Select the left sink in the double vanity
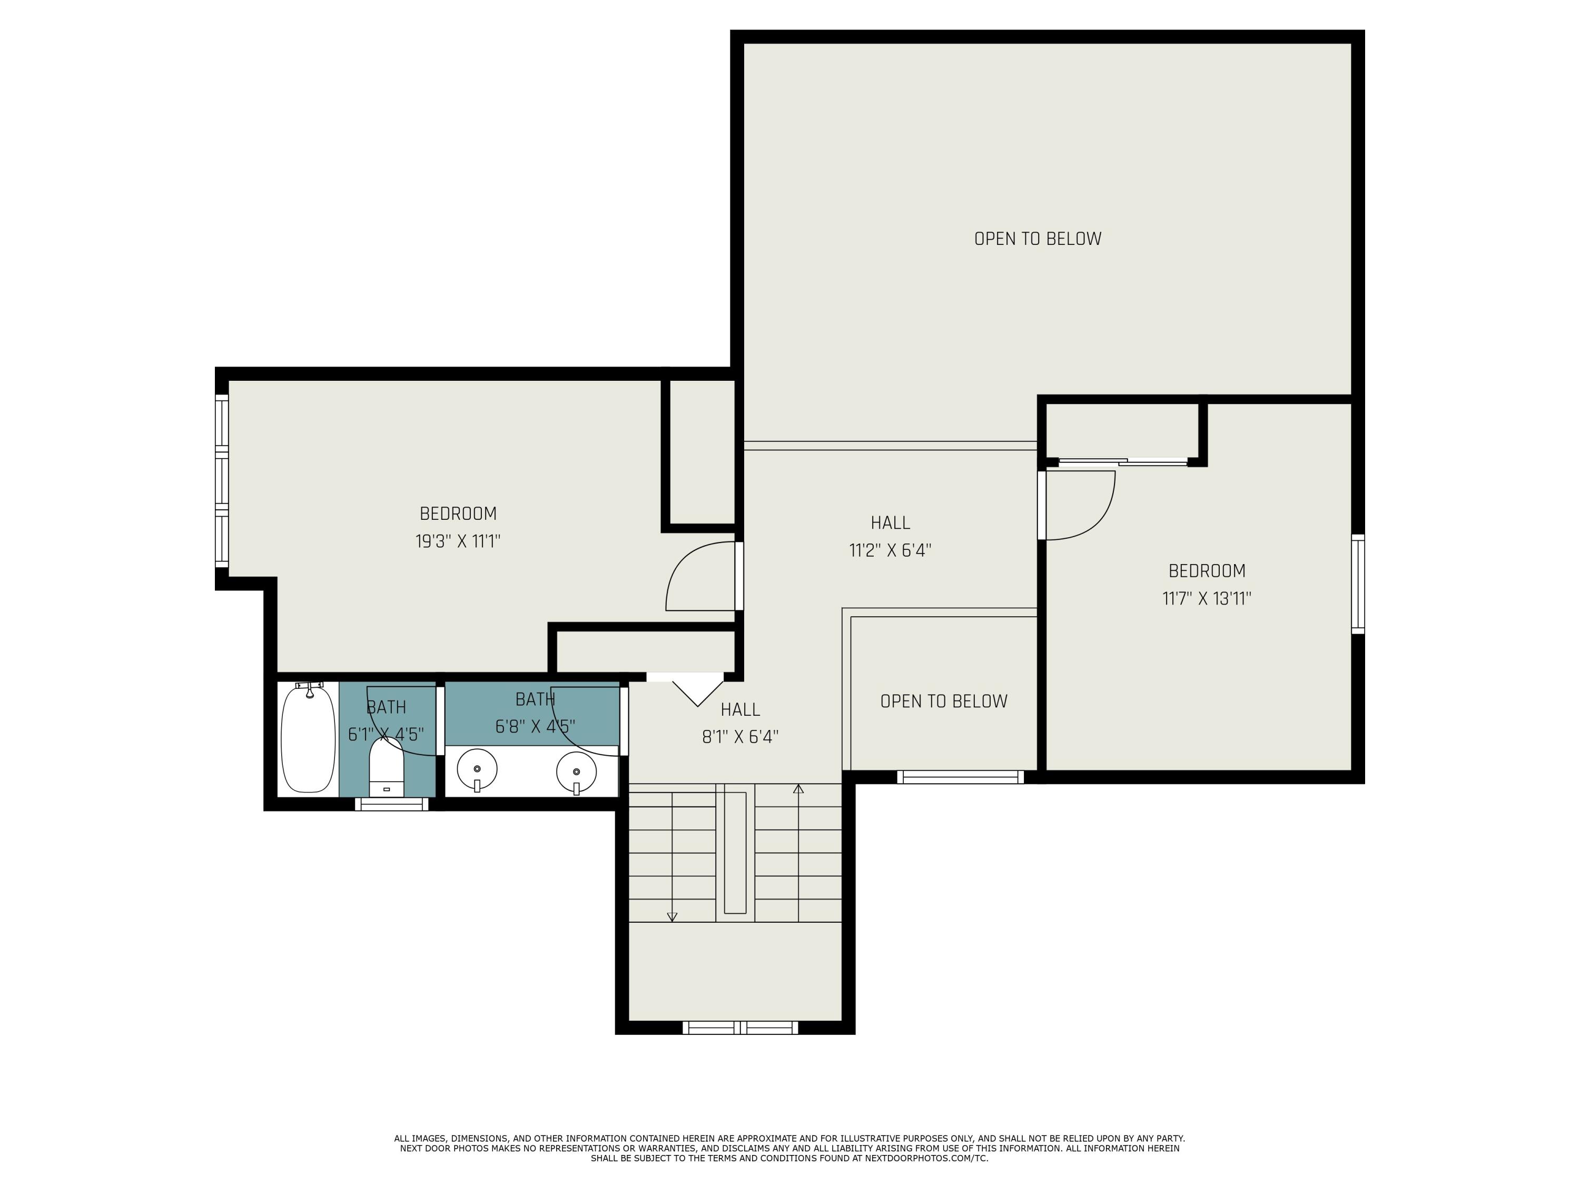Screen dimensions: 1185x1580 477,770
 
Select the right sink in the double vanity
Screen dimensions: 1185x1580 576,772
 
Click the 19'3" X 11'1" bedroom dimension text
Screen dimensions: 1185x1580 458,541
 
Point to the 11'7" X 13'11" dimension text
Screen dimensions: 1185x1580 1207,599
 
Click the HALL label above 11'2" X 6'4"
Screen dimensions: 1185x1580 890,523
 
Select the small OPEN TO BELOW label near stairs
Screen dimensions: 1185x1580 944,702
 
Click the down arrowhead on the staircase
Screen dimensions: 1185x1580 671,917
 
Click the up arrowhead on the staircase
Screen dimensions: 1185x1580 798,788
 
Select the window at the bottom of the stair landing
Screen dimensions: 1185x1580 740,1027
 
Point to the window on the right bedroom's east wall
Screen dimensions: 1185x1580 1358,584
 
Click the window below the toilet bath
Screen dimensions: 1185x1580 391,804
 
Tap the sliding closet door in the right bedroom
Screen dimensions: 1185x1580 1122,461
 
